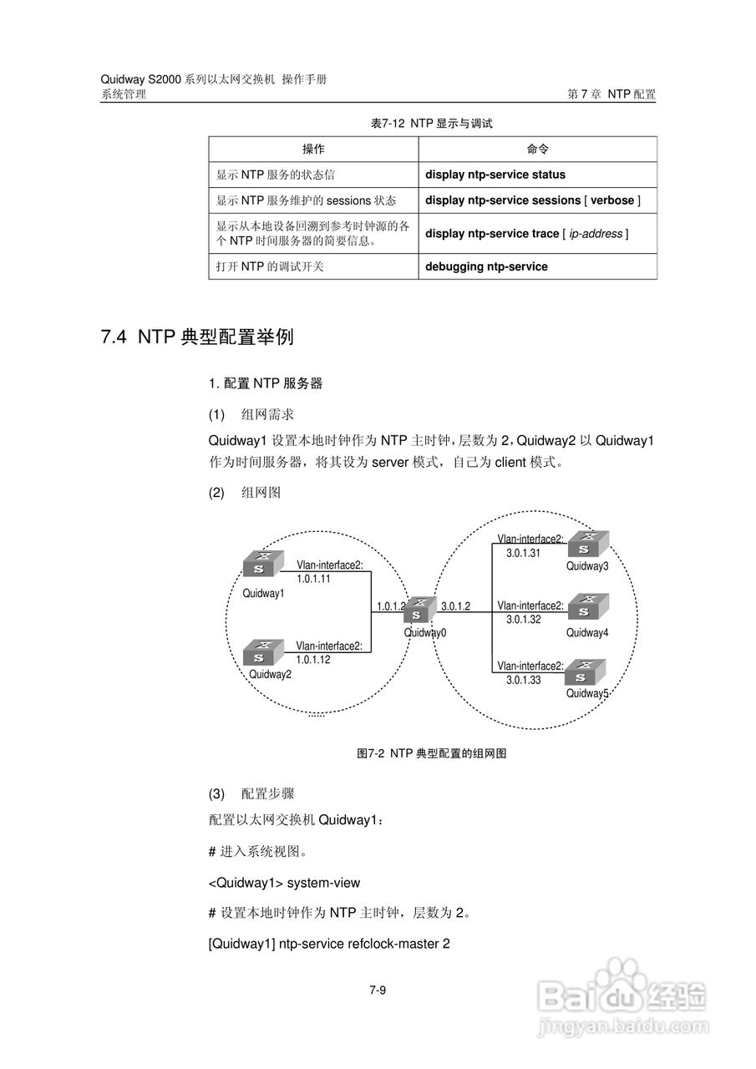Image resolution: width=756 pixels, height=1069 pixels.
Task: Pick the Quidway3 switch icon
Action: (588, 544)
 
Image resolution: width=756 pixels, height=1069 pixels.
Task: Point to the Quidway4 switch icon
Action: (588, 606)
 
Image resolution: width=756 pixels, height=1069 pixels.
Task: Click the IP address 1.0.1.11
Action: (313, 578)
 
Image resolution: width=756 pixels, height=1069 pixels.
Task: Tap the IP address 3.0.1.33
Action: (523, 680)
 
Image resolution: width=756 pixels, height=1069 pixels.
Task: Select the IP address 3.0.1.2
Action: (455, 606)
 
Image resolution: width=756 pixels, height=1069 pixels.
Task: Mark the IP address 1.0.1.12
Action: (313, 659)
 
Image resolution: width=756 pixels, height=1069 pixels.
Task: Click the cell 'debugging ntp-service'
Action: (486, 266)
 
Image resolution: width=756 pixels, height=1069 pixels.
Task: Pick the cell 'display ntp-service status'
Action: (495, 175)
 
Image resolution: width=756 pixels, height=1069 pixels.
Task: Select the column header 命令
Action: (537, 149)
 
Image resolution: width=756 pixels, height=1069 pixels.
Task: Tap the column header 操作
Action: (313, 149)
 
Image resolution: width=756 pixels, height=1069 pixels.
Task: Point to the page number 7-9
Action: (378, 991)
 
